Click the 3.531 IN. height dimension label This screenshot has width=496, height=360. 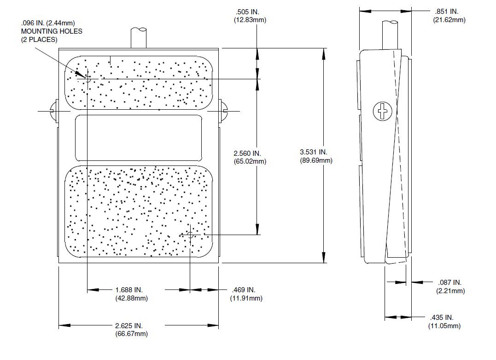point(314,152)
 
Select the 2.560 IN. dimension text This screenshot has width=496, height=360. point(247,153)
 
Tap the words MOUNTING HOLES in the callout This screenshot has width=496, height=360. point(52,31)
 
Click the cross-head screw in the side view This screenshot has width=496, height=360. point(382,111)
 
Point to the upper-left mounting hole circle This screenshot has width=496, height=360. point(87,79)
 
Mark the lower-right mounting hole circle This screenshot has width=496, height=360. point(190,235)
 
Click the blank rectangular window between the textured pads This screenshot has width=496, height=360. point(138,137)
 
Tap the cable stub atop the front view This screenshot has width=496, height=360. point(139,37)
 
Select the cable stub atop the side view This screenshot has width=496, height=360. point(391,34)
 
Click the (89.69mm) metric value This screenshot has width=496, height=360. point(315,160)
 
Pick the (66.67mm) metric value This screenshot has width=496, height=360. point(131,334)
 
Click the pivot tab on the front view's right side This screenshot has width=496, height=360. point(222,111)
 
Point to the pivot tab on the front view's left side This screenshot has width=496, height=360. point(53,111)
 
